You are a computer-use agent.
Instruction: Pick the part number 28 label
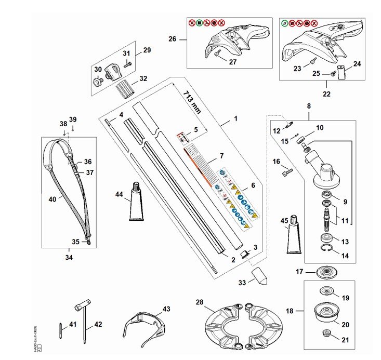pos(200,302)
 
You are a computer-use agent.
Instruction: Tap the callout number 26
pos(173,38)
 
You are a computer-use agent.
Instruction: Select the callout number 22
pos(326,95)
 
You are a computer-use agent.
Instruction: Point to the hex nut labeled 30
pos(96,82)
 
